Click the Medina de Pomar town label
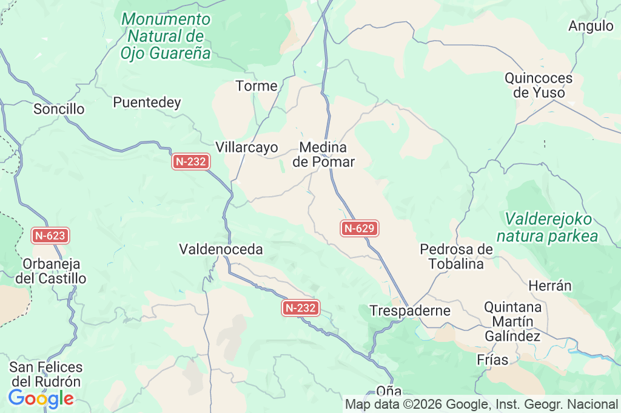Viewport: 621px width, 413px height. pyautogui.click(x=323, y=155)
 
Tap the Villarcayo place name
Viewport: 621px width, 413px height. pyautogui.click(x=247, y=148)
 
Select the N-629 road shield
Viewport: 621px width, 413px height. pyautogui.click(x=360, y=228)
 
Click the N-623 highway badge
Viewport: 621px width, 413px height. pyautogui.click(x=51, y=236)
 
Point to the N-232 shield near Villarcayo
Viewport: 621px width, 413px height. pyautogui.click(x=191, y=162)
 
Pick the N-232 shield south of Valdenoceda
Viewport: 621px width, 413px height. pyautogui.click(x=301, y=308)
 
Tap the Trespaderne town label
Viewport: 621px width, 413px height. pyautogui.click(x=411, y=311)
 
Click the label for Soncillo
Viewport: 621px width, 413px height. pyautogui.click(x=59, y=109)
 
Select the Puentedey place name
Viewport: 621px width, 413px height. pyautogui.click(x=147, y=103)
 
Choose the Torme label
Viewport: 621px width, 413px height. pyautogui.click(x=257, y=86)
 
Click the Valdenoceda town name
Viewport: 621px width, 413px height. pyautogui.click(x=221, y=249)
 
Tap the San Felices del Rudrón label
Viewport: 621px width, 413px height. pyautogui.click(x=46, y=375)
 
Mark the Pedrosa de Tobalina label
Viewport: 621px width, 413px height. pyautogui.click(x=456, y=256)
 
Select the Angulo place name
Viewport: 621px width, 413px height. pyautogui.click(x=591, y=26)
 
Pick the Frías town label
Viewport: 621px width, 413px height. pyautogui.click(x=492, y=360)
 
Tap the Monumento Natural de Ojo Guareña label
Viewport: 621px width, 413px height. pyautogui.click(x=166, y=36)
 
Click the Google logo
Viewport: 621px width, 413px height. pyautogui.click(x=41, y=399)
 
